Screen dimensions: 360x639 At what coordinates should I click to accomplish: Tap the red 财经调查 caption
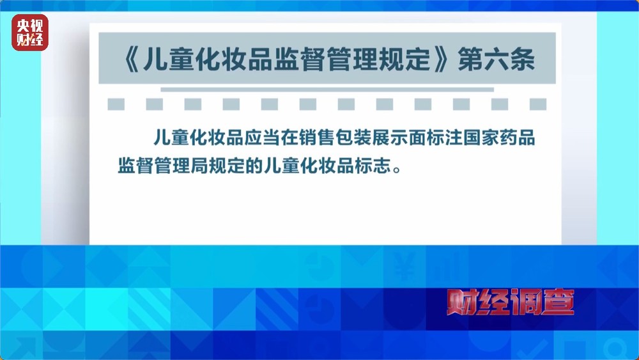pos(510,302)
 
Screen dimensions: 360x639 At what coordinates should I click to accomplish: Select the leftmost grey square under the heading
pos(116,104)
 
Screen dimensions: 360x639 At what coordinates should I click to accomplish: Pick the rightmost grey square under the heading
pos(537,104)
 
